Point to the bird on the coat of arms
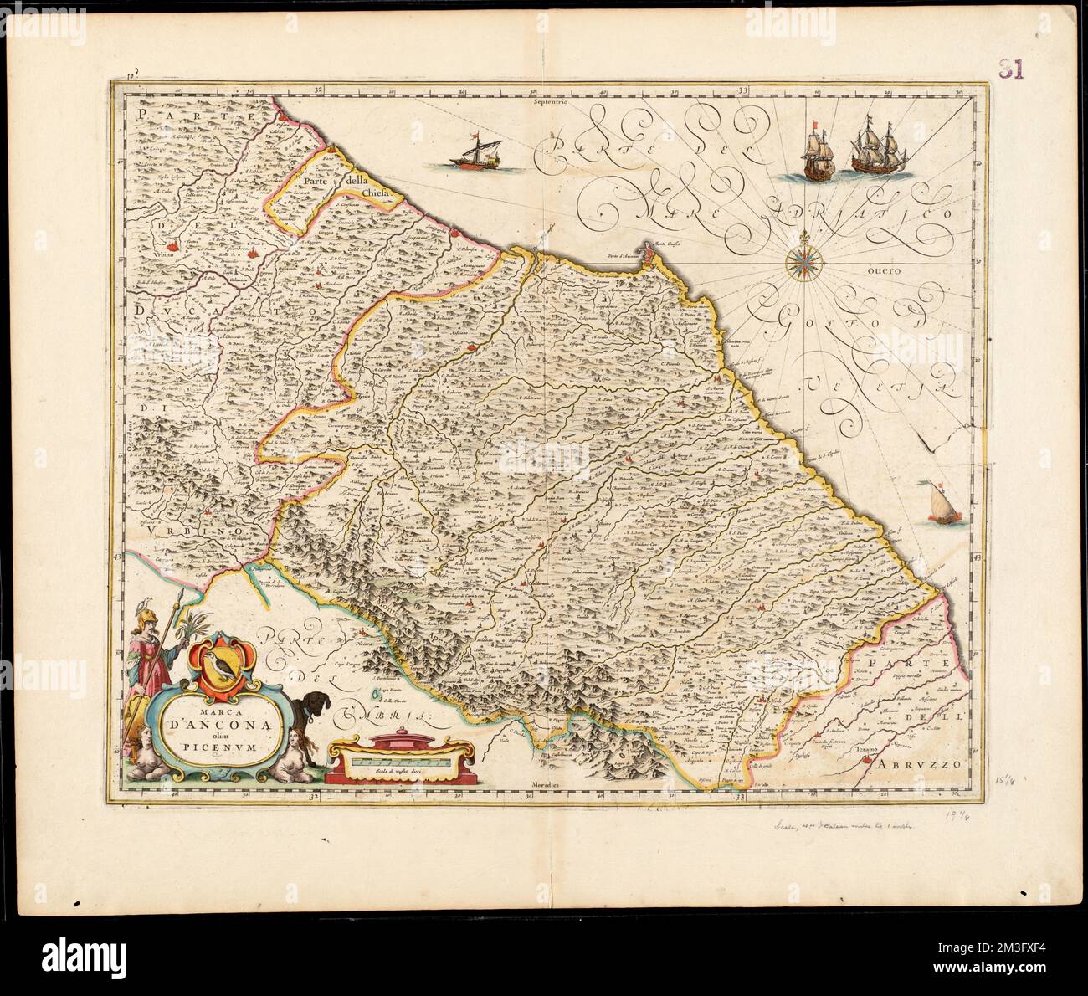coord(219,665)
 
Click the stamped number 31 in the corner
coord(1011,69)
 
